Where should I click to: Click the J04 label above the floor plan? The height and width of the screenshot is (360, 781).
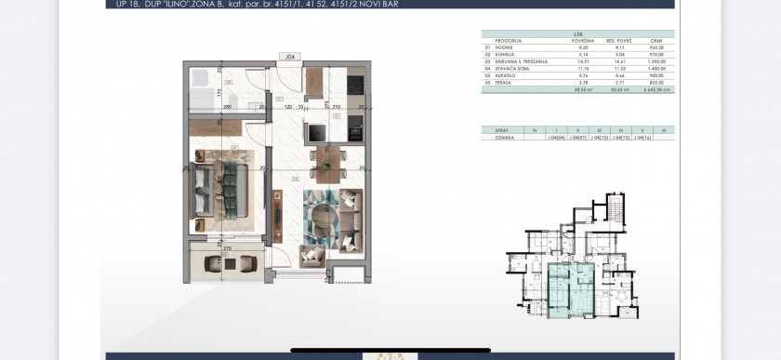[x=291, y=57]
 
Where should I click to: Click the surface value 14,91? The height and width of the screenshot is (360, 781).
[x=582, y=61]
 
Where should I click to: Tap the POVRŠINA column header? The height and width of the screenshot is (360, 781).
[x=583, y=41]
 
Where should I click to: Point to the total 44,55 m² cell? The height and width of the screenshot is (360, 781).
[x=582, y=90]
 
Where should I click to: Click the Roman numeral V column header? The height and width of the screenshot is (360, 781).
[x=642, y=129]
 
